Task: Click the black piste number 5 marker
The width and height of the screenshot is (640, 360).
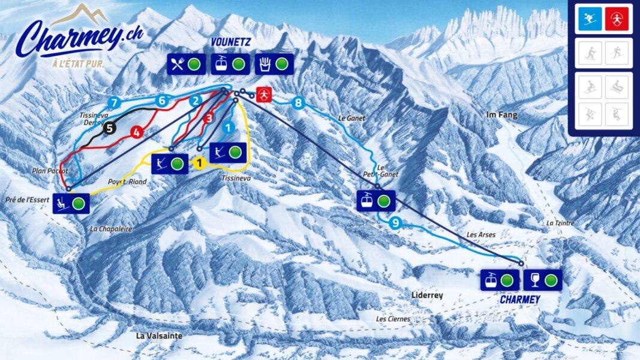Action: coord(109,127)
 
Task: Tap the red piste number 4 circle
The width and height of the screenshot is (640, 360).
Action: coord(136,131)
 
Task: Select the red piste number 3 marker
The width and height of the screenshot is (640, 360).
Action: coord(208,118)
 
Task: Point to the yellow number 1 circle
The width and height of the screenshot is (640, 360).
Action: coord(199,161)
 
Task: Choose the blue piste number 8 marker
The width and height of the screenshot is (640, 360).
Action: coord(298,103)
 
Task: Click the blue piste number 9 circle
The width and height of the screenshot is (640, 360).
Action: coord(394,224)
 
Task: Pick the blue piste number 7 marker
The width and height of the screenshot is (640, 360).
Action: coord(115,102)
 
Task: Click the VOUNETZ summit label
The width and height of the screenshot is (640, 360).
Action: coord(230,42)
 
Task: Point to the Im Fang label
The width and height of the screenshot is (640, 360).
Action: coord(502,115)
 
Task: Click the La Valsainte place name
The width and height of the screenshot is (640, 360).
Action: coord(159,336)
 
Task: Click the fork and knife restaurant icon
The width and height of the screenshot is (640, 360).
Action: coord(177,64)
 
